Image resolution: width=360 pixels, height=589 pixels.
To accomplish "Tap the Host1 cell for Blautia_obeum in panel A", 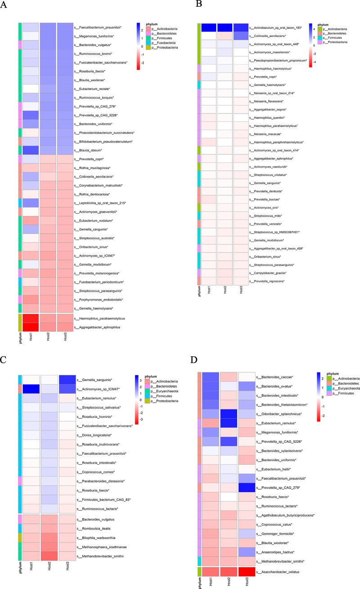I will [30, 150].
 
